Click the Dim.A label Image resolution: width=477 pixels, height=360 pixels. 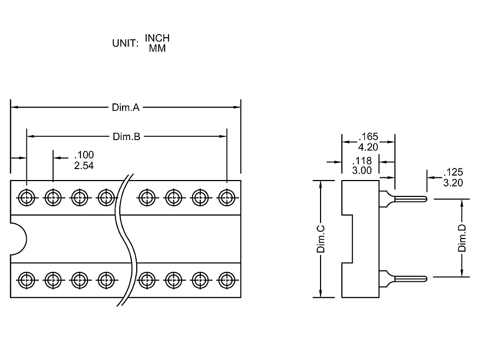click(x=126, y=108)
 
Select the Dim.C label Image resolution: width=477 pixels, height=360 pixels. click(x=321, y=239)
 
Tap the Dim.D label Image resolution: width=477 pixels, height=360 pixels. click(x=462, y=238)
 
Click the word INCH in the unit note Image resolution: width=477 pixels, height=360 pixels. click(x=157, y=38)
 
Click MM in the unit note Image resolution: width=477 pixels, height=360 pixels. click(x=157, y=48)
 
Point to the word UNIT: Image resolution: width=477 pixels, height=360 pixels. click(x=126, y=43)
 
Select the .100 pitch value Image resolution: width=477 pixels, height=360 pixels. click(x=84, y=156)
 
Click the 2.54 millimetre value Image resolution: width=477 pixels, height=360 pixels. click(x=84, y=166)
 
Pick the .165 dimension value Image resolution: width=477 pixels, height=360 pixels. click(x=368, y=137)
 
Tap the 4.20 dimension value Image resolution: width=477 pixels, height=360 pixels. click(x=368, y=147)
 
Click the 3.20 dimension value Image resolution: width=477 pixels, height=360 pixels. click(x=453, y=183)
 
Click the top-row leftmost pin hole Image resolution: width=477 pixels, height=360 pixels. click(x=26, y=197)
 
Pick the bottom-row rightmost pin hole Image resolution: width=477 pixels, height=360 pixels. click(x=226, y=280)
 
